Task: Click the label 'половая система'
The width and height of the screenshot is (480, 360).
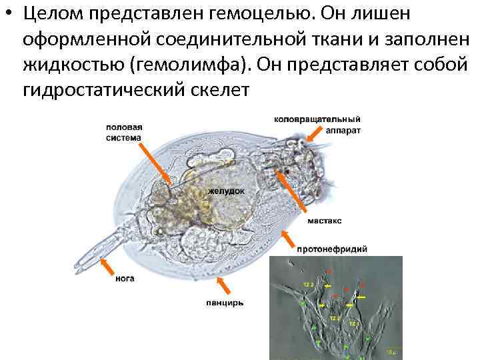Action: click(124, 132)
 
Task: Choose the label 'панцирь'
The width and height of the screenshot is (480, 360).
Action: click(225, 303)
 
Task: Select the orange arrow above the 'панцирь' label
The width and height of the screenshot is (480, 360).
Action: click(224, 285)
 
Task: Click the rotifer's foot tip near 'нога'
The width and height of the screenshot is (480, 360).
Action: click(85, 257)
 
